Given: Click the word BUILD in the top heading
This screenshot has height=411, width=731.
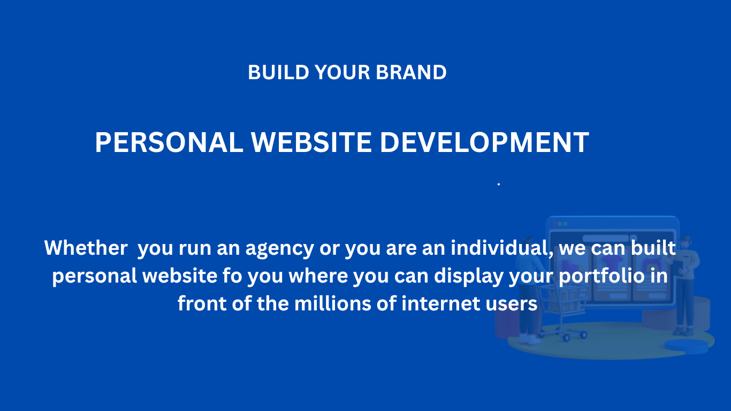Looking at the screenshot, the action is (278, 72).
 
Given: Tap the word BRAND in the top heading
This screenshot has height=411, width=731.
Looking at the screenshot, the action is (411, 72).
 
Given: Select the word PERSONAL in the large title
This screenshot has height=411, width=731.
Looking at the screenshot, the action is (169, 142).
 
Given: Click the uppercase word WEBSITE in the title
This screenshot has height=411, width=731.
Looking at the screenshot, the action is (311, 142).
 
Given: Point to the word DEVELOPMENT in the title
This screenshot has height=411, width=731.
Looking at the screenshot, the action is (485, 142).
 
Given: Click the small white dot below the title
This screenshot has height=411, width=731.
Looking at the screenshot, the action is (499, 185).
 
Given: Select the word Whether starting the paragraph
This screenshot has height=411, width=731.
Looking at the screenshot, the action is (86, 248).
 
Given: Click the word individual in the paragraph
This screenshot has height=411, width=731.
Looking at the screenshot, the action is (502, 248).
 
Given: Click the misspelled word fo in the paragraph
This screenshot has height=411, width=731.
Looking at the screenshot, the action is (232, 276).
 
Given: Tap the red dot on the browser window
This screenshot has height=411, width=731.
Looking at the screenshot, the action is (554, 224).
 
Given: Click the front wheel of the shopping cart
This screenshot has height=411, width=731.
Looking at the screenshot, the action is (567, 338).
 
